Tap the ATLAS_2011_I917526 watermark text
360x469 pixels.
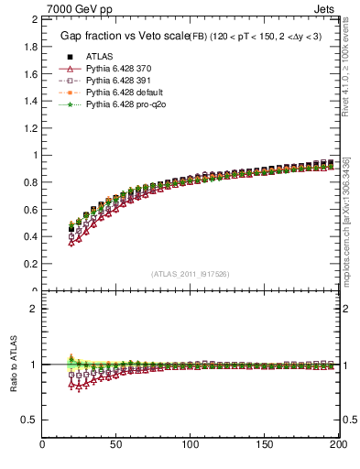click(191, 274)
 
